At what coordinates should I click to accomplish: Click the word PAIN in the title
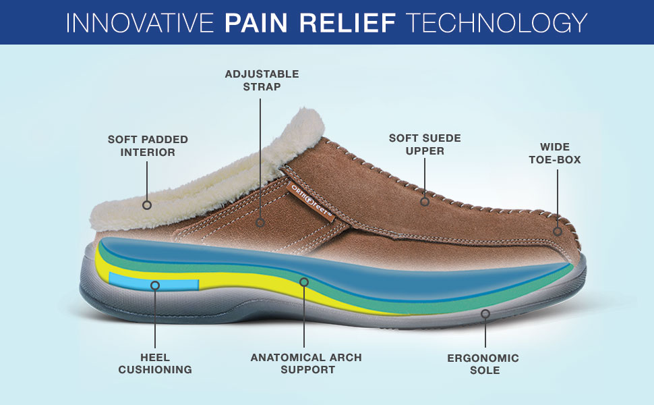pyautogui.click(x=256, y=22)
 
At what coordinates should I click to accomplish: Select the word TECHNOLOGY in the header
pyautogui.click(x=499, y=22)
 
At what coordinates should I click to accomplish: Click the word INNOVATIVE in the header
pyautogui.click(x=140, y=22)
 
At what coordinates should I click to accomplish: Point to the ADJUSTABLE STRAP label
pyautogui.click(x=262, y=80)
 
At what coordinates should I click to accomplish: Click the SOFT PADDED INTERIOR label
pyautogui.click(x=148, y=146)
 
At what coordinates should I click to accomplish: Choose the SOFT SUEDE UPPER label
pyautogui.click(x=425, y=144)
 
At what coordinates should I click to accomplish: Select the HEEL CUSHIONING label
pyautogui.click(x=155, y=363)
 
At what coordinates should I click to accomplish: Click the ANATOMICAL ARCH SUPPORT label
pyautogui.click(x=306, y=363)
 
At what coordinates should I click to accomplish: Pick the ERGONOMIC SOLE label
pyautogui.click(x=483, y=364)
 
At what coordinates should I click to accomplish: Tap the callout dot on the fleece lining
pyautogui.click(x=147, y=205)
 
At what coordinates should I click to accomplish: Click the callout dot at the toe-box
pyautogui.click(x=558, y=231)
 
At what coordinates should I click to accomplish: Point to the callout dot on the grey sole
pyautogui.click(x=485, y=313)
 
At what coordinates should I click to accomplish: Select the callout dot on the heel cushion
pyautogui.click(x=155, y=285)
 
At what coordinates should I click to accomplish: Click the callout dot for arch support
pyautogui.click(x=304, y=281)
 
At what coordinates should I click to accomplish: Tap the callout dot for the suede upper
pyautogui.click(x=425, y=201)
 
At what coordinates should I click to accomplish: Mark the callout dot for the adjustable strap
pyautogui.click(x=261, y=221)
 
